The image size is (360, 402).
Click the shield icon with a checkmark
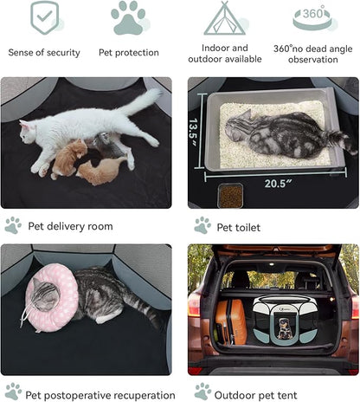44,17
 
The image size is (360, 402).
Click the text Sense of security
44,53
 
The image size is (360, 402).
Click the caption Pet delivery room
70,226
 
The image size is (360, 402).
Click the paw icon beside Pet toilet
202,225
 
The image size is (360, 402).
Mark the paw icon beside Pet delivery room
12,225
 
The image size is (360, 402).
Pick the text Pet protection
128,53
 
